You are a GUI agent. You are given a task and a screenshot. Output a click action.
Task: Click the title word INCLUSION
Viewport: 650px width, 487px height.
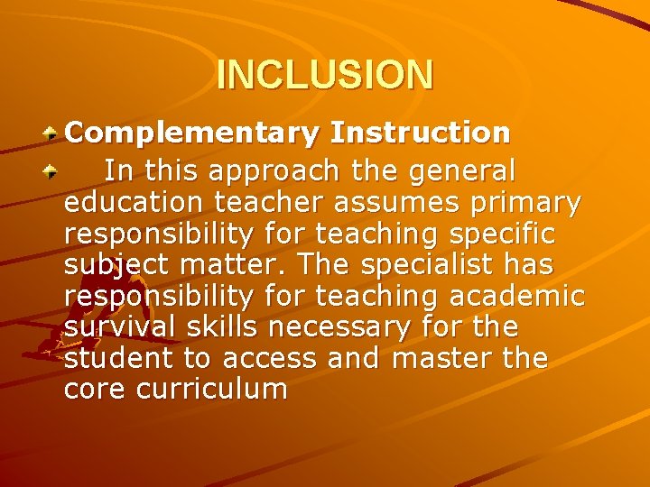click(325, 75)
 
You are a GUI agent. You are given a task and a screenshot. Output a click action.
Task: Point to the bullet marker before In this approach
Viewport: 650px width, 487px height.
click(53, 169)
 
